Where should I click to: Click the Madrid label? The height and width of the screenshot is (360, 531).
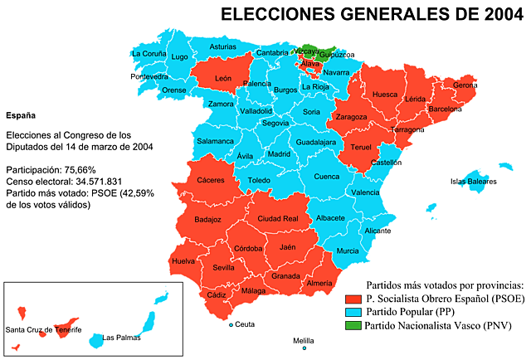(x=280, y=153)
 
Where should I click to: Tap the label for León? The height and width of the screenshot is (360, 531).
(x=223, y=78)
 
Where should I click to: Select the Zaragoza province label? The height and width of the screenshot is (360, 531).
(x=352, y=117)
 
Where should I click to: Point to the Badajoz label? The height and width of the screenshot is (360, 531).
(x=207, y=220)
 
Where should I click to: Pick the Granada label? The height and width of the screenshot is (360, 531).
(x=285, y=275)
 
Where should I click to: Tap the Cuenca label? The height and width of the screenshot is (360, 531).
(x=327, y=176)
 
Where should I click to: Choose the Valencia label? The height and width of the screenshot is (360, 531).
(x=365, y=192)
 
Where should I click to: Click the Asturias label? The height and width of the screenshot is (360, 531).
(x=222, y=47)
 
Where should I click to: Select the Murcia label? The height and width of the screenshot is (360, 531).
(x=348, y=251)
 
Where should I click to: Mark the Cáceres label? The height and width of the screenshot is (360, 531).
(x=211, y=180)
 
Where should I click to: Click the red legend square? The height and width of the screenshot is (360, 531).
(x=353, y=299)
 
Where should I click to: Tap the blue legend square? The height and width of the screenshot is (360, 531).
(x=353, y=312)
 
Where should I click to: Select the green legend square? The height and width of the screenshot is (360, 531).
(x=353, y=324)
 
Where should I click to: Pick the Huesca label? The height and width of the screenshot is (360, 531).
(x=385, y=95)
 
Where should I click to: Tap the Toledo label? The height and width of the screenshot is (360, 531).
(x=259, y=180)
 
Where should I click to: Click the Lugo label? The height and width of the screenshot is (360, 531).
(x=179, y=56)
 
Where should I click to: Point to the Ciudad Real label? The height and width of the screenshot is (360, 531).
(x=277, y=218)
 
